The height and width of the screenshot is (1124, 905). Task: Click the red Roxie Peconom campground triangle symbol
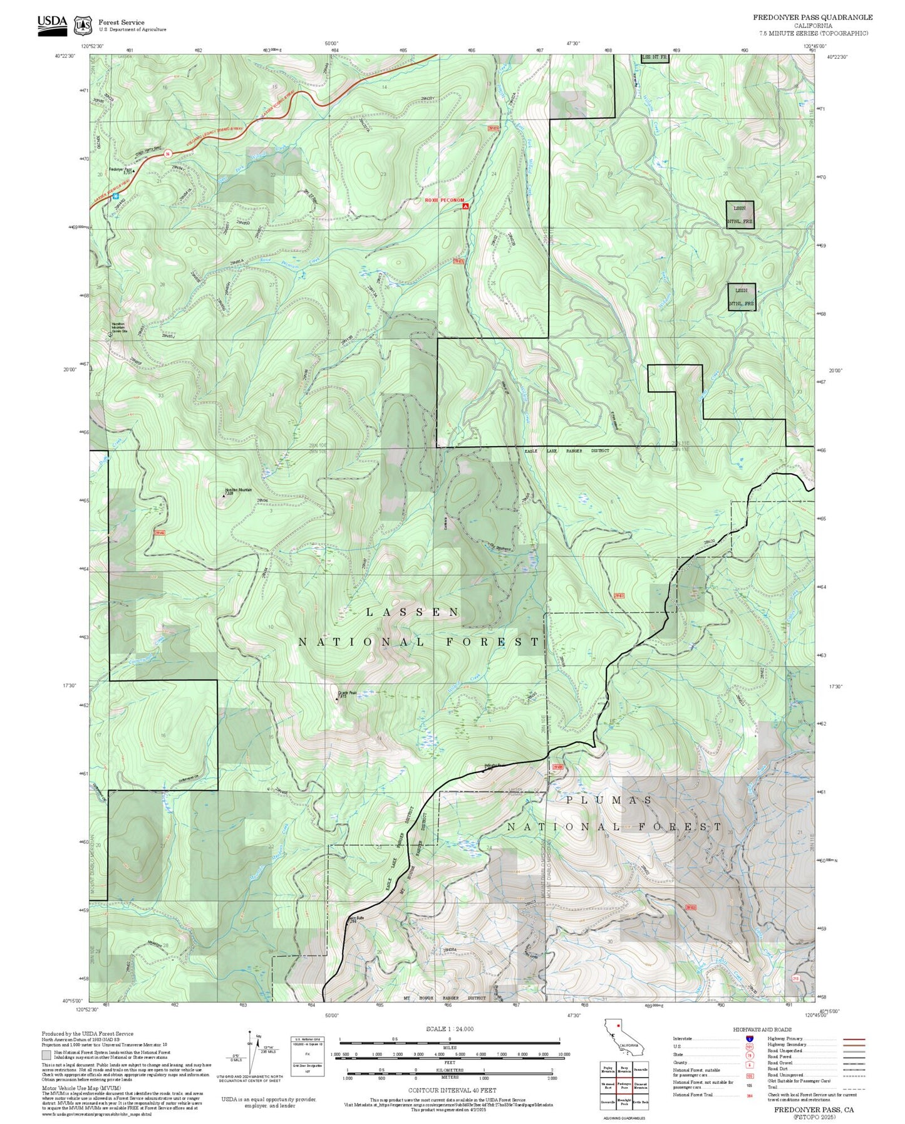coord(465,205)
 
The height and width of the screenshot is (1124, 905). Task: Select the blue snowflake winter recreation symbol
coord(116,196)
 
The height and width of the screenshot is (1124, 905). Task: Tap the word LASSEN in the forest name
coord(413,612)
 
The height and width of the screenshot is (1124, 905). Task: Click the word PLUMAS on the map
coord(609,800)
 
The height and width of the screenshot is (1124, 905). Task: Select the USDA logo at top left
coord(52,25)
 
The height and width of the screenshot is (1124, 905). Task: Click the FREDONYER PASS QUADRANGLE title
coord(812,18)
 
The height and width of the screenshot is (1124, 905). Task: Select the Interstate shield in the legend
coord(749,1039)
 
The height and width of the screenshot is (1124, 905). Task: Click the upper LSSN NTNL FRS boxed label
coord(740,214)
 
